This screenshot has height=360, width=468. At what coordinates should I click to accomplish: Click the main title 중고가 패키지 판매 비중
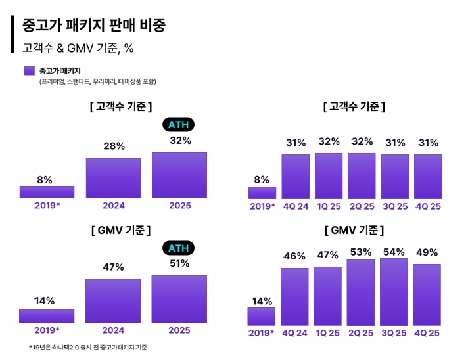[x=94, y=26]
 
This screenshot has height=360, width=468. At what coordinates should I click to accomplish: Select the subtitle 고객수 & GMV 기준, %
[x=79, y=47]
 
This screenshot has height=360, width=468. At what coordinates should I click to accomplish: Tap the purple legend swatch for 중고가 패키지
[x=29, y=71]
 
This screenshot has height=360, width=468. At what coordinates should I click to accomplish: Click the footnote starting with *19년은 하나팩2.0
[x=87, y=347]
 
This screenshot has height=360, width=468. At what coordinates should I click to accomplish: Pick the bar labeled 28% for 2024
[x=113, y=178]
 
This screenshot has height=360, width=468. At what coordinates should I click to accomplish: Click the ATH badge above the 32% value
[x=179, y=125]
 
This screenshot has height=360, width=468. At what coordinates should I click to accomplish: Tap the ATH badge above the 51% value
[x=179, y=248]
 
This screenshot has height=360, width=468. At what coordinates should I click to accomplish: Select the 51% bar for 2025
[x=179, y=299]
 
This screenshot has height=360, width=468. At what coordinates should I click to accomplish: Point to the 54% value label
[x=394, y=252]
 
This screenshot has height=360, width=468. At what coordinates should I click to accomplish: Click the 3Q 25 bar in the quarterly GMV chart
[x=394, y=292]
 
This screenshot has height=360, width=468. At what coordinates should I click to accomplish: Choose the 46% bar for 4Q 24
[x=295, y=297]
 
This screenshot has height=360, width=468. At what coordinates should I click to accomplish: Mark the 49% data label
[x=427, y=253]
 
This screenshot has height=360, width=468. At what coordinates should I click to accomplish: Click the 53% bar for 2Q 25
[x=361, y=292]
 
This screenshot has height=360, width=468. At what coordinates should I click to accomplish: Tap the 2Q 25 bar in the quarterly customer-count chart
[x=361, y=175]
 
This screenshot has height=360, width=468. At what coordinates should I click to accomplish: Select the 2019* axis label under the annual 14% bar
[x=47, y=330]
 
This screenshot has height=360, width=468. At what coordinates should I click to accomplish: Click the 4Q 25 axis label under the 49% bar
[x=427, y=333]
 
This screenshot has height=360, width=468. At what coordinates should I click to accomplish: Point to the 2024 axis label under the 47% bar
[x=113, y=330]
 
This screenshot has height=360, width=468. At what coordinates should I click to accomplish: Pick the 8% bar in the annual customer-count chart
[x=47, y=192]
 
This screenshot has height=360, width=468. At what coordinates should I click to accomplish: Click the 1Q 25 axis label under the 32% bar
[x=328, y=206]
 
